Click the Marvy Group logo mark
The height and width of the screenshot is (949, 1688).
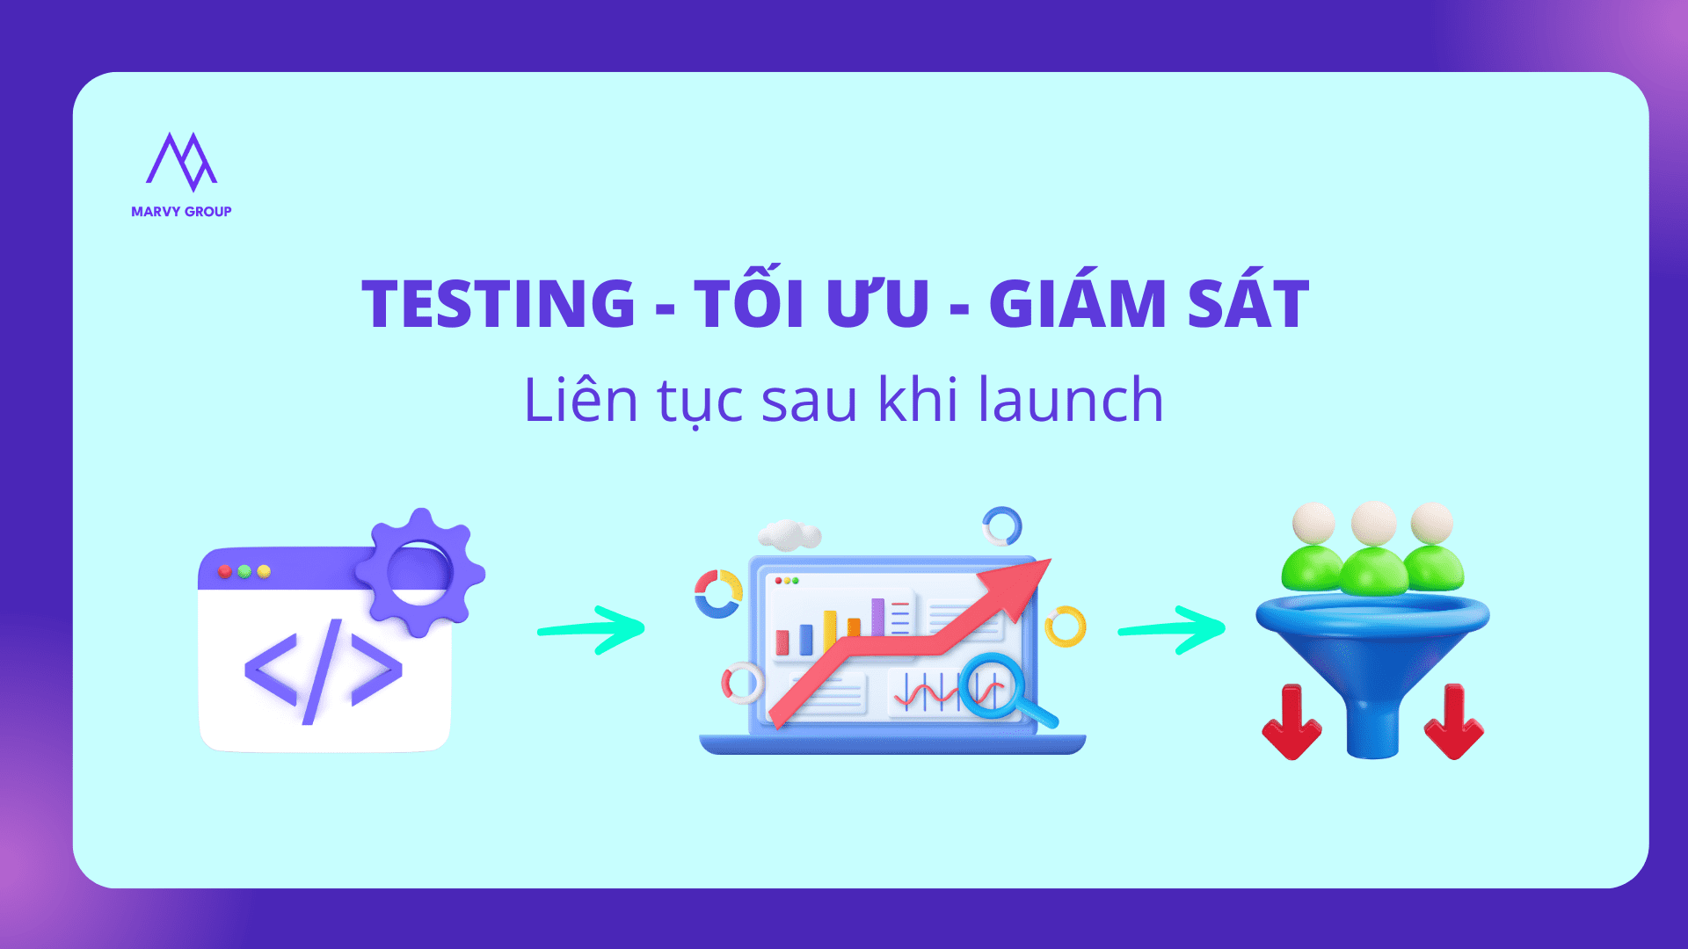pos(181,162)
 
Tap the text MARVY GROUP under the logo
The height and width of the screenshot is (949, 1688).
pos(181,212)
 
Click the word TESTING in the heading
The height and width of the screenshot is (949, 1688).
pos(498,304)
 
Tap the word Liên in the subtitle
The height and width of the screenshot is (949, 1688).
pos(580,400)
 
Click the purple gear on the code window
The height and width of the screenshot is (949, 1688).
pos(420,572)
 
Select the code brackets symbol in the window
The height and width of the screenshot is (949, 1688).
pos(324,671)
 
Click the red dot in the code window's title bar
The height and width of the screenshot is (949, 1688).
pos(225,572)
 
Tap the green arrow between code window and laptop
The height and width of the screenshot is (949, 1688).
pos(592,629)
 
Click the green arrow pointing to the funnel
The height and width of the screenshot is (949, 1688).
pos(1172,629)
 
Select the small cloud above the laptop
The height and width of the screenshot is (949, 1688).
pos(789,534)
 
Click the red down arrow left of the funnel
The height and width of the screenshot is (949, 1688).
pos(1291,722)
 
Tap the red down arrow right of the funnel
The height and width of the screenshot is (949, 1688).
pos(1454,722)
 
